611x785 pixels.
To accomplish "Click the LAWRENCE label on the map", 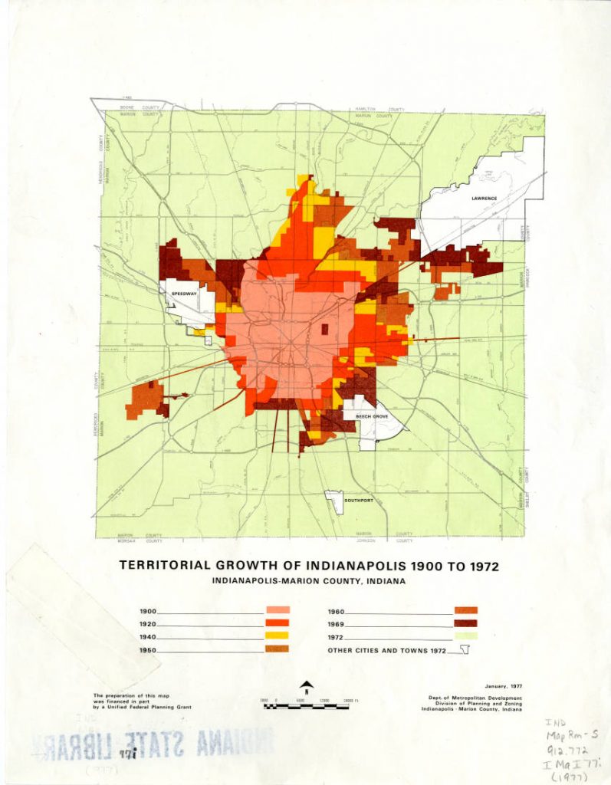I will (484, 198).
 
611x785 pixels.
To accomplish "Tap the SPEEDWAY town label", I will (184, 293).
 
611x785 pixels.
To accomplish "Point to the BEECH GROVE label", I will (371, 415).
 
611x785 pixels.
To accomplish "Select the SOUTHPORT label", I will (357, 500).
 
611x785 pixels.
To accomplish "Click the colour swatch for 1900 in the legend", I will (278, 610).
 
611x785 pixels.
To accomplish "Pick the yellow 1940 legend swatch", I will (278, 636).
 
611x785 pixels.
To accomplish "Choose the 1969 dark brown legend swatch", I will (465, 623).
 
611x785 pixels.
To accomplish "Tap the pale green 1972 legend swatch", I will (465, 636).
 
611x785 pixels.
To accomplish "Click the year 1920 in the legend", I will (148, 624).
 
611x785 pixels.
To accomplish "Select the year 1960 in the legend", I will (336, 612).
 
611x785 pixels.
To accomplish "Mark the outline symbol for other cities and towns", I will (464, 650).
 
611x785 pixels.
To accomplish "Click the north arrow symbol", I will (306, 686).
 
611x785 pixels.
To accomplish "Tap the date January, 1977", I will (503, 687).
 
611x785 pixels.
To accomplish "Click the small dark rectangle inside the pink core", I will (324, 330).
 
